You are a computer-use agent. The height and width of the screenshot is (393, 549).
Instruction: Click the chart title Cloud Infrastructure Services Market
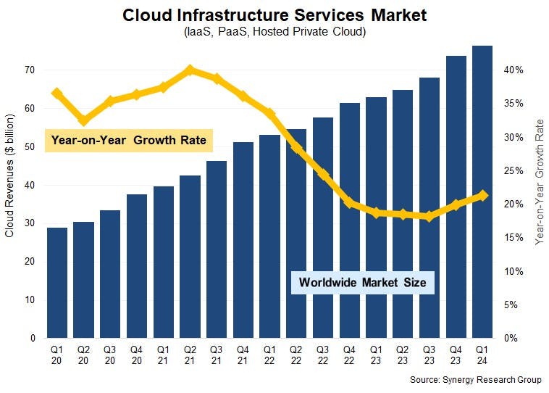click(274, 15)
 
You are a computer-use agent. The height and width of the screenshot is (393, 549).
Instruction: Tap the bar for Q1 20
click(57, 283)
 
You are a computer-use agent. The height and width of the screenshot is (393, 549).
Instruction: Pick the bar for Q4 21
click(243, 240)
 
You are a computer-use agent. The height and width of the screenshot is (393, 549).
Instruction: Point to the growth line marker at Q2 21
click(190, 70)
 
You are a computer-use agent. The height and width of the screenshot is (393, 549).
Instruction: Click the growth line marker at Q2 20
click(84, 120)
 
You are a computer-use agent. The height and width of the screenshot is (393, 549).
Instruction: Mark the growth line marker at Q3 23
click(429, 216)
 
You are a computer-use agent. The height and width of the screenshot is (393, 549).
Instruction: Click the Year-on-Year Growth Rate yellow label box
click(127, 140)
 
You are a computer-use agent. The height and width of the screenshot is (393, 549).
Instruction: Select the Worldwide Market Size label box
click(362, 282)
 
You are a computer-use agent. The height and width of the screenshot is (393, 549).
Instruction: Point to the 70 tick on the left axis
click(30, 70)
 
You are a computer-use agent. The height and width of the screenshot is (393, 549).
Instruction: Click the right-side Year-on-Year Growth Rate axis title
click(540, 181)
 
